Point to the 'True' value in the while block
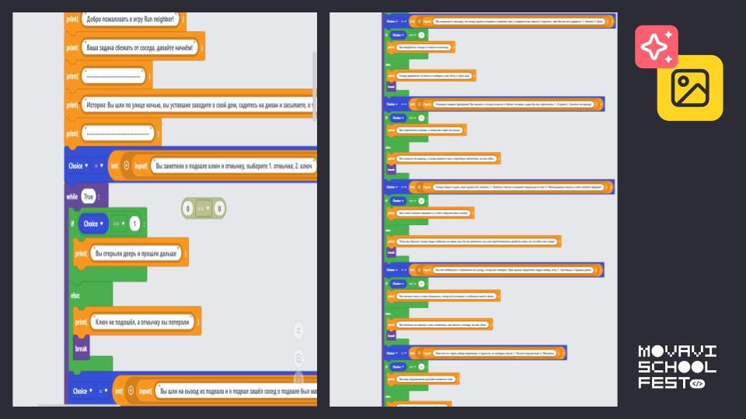(x=89, y=196)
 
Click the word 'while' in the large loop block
(x=72, y=196)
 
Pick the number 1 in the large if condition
(x=134, y=224)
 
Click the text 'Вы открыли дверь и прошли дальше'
(x=140, y=253)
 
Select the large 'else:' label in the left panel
(x=76, y=295)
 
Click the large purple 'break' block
(x=82, y=349)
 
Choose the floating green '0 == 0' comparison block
(x=204, y=208)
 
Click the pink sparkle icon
(x=657, y=47)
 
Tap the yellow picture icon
(x=690, y=88)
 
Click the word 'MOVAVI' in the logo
(x=677, y=351)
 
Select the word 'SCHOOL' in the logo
(x=677, y=366)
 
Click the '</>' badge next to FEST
(x=697, y=383)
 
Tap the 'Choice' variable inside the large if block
(x=91, y=224)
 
